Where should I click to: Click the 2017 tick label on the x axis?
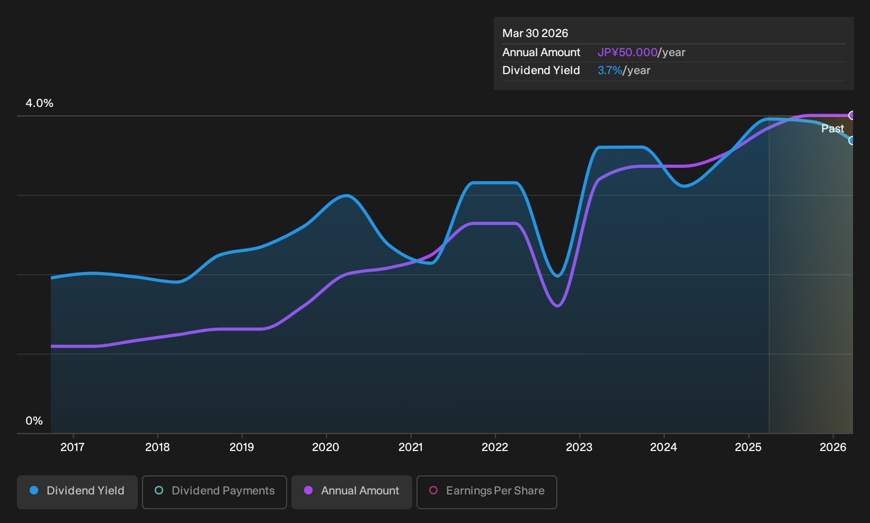coord(73,447)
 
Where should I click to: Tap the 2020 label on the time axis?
coord(326,447)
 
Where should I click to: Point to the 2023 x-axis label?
coord(579,447)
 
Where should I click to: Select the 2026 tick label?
coord(833,447)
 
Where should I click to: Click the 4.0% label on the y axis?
coord(39,103)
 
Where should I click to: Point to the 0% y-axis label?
coord(34,421)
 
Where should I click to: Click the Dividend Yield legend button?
coord(77,492)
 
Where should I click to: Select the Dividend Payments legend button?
coord(215,492)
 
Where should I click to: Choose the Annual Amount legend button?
coord(351,492)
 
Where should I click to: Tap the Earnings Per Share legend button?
coord(486,492)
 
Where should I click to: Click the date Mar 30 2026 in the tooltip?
coord(535,33)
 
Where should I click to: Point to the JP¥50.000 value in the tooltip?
coord(627,52)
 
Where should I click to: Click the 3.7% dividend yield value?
coord(610,70)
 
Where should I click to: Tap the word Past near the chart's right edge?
coord(832,129)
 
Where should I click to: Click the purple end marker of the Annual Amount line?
coord(851,115)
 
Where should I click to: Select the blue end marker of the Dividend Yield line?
coord(851,140)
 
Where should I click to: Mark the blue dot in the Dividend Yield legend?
coord(34,490)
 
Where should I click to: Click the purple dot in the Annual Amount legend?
coord(308,490)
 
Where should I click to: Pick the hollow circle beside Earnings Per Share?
coord(433,490)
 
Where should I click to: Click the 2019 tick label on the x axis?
coord(242,447)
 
